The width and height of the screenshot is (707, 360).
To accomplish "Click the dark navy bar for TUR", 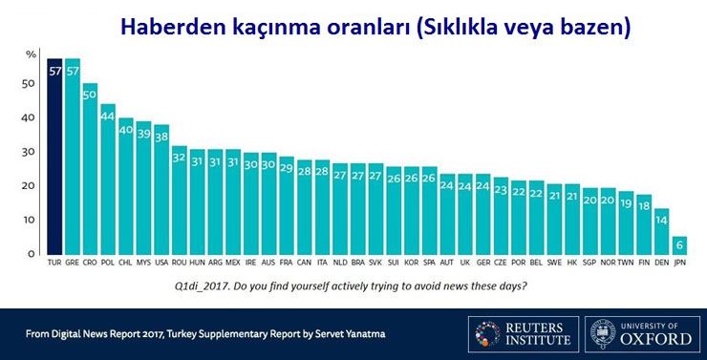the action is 54,157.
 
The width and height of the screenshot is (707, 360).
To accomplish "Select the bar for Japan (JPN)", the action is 679,245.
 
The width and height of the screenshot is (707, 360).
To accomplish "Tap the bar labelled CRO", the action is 90,169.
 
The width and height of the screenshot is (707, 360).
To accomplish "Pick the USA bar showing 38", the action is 161,190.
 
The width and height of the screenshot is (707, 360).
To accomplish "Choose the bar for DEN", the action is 661,232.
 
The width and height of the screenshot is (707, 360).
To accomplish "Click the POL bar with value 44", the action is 108,180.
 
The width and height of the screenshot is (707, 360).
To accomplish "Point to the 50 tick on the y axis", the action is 29,84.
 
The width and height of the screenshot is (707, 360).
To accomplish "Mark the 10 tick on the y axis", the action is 29,220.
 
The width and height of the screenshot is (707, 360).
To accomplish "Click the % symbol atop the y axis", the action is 31,54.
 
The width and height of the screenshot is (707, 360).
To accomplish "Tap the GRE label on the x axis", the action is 73,263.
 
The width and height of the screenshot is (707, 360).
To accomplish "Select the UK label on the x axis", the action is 465,263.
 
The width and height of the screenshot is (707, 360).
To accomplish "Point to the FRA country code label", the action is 287,263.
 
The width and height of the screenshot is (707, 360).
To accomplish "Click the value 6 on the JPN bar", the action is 679,246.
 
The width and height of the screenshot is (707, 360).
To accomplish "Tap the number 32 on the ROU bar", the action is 180,159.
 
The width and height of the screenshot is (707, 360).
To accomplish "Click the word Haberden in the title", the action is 173,28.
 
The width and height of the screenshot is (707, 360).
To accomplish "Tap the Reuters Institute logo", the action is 523,334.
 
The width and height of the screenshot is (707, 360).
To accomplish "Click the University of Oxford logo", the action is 642,334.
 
